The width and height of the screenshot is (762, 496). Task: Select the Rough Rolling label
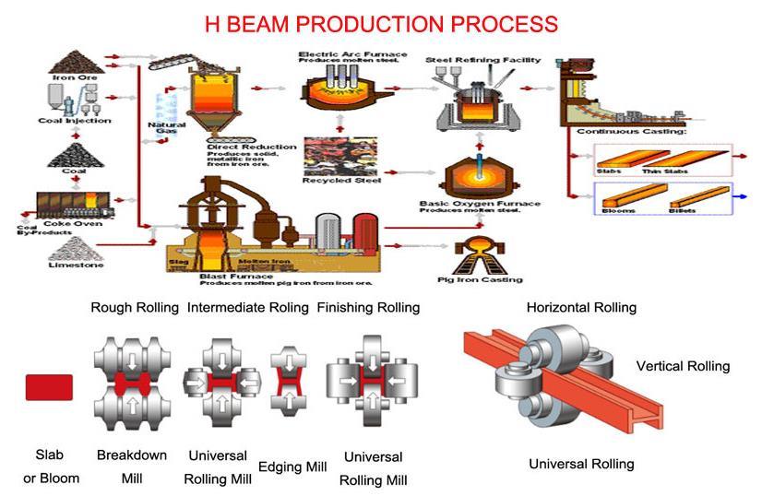(134, 307)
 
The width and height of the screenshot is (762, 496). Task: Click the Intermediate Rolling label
(247, 307)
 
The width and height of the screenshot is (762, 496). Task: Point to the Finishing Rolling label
(368, 307)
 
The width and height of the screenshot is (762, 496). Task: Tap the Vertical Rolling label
(683, 366)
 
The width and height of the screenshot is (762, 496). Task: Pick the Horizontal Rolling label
(581, 307)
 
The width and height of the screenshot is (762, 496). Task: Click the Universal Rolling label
(581, 464)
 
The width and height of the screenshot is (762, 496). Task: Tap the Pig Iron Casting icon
(479, 253)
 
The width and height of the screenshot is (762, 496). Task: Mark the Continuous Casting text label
(631, 132)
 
